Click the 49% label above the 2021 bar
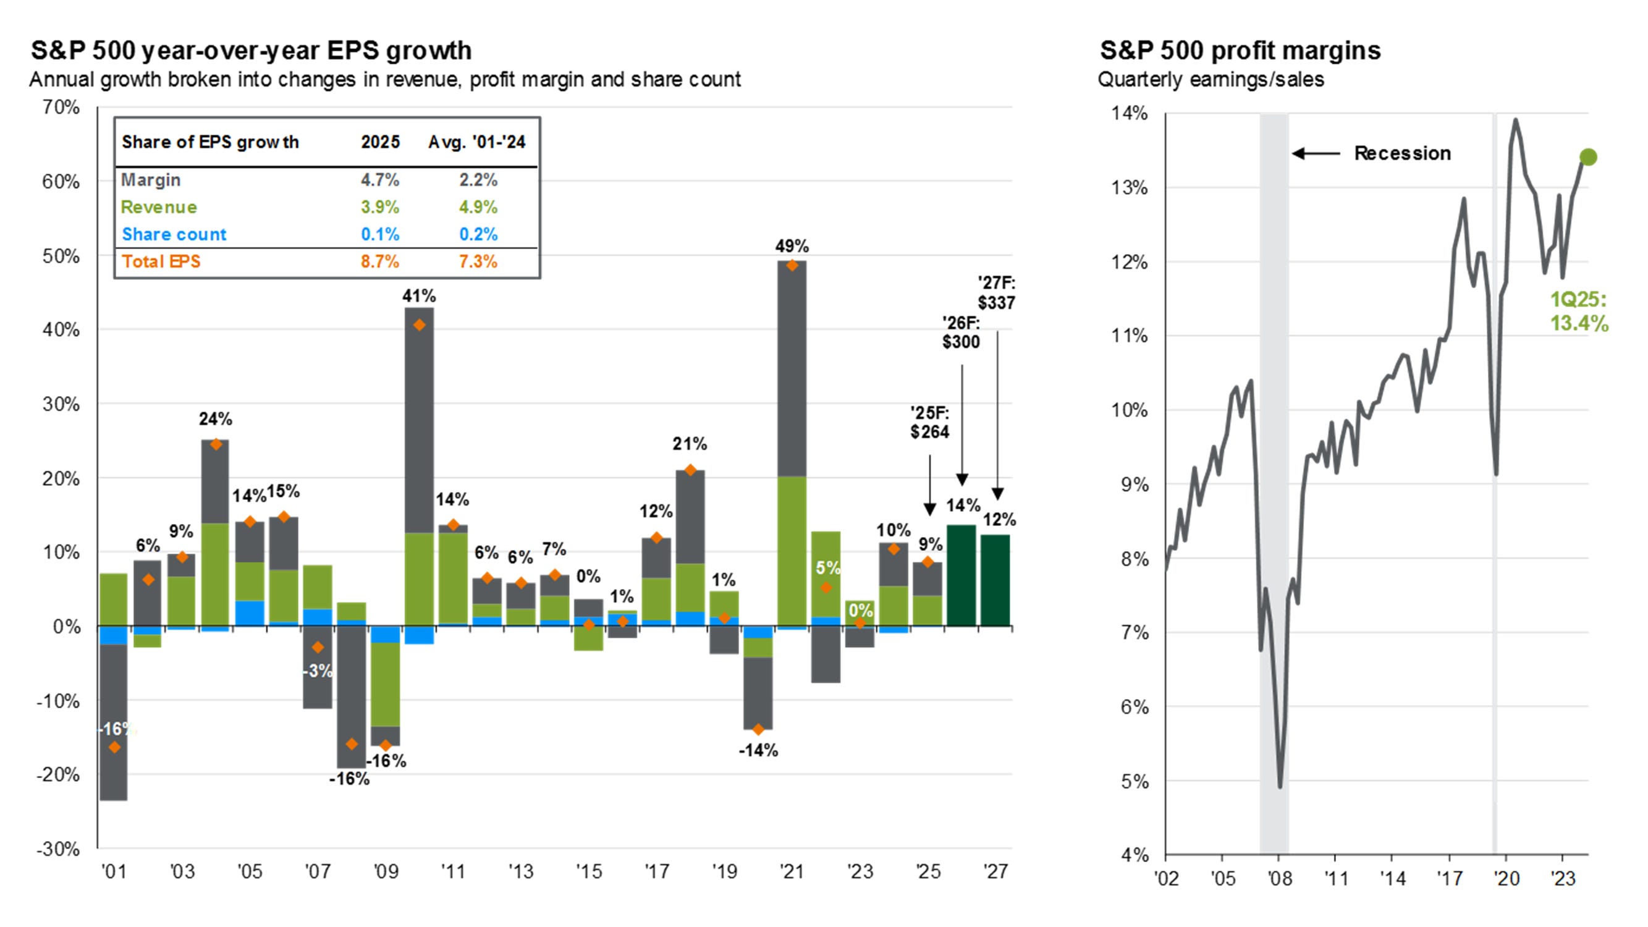coord(792,246)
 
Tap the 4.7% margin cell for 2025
coord(380,180)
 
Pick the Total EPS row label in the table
coord(161,261)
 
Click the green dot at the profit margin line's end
coord(1588,157)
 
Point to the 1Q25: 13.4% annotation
coord(1578,311)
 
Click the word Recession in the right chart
coord(1402,153)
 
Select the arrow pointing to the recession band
coord(1316,153)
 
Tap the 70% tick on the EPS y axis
coord(61,107)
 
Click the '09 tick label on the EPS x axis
coord(385,871)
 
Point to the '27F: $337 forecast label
coord(996,292)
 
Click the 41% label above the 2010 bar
coord(419,295)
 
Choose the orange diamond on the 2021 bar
coord(792,266)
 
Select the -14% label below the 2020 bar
coord(758,750)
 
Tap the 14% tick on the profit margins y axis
coord(1130,114)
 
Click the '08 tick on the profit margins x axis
coord(1280,878)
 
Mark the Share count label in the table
coord(174,234)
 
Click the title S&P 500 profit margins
coord(1240,51)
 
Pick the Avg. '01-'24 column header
coord(476,142)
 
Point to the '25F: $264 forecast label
coord(929,422)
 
